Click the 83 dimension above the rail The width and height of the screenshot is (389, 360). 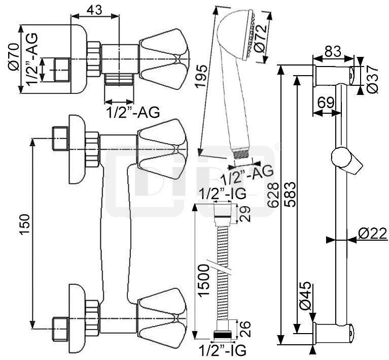(x=332, y=51)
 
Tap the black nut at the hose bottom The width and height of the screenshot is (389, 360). (x=223, y=335)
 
